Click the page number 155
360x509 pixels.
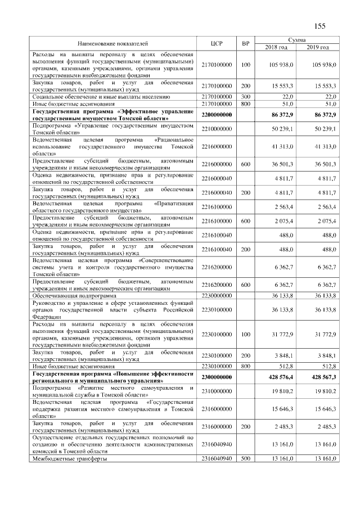point(320,25)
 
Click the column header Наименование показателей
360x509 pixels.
point(112,43)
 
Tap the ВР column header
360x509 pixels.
point(245,43)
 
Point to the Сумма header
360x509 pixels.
point(297,39)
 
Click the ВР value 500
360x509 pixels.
point(245,459)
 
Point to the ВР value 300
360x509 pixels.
point(245,97)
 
